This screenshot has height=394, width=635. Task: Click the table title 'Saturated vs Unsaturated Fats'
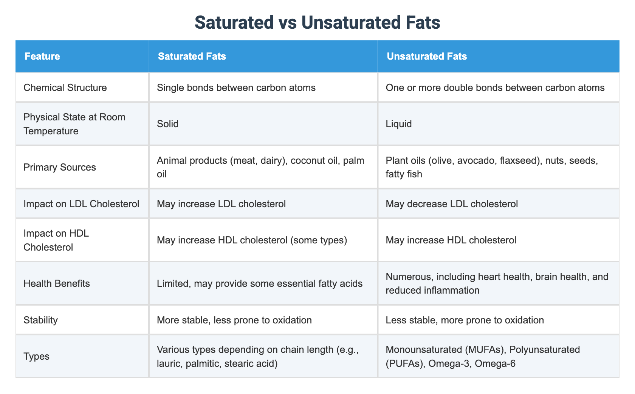(317, 23)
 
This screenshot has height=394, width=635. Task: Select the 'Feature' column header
(42, 57)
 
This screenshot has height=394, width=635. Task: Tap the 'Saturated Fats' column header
(192, 57)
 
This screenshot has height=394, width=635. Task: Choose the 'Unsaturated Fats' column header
(426, 57)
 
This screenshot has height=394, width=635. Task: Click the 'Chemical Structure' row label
(65, 88)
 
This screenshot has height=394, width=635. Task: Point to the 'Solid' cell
(168, 124)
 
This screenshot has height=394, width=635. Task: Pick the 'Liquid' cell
(398, 124)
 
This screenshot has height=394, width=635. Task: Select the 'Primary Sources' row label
(60, 167)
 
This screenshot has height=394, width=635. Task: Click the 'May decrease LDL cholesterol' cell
(452, 204)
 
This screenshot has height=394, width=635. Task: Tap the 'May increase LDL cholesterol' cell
(221, 204)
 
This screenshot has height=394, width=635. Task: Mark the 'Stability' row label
(40, 320)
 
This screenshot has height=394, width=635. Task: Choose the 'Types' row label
(36, 356)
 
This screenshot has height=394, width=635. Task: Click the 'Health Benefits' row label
(57, 283)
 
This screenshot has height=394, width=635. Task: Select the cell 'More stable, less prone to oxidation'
(234, 320)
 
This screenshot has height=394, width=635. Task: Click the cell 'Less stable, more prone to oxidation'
(465, 320)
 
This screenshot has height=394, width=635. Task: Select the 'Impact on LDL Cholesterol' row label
(81, 204)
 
